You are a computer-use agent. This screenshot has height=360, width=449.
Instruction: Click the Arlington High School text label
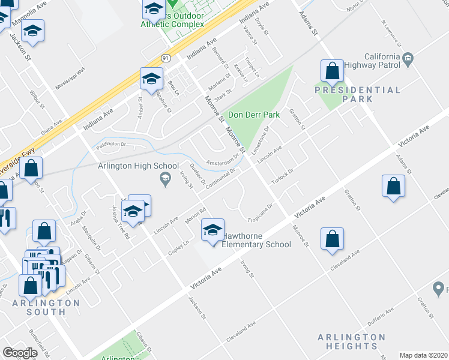(x=139, y=166)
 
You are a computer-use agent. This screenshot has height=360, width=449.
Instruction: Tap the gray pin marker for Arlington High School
(x=164, y=178)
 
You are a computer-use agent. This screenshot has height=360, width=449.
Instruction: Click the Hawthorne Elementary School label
(x=256, y=240)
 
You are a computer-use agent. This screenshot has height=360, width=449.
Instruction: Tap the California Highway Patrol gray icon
(x=408, y=58)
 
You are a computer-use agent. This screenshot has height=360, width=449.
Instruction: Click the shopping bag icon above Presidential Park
(x=332, y=71)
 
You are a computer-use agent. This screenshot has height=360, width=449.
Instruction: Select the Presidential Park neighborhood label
(x=358, y=95)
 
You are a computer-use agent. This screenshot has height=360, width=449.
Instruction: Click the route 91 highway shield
(x=166, y=58)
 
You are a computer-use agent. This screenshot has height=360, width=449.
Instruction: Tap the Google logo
(x=20, y=353)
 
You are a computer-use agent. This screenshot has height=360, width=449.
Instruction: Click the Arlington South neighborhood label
(x=46, y=307)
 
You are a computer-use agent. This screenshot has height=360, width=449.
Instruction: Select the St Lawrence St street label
(x=391, y=34)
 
